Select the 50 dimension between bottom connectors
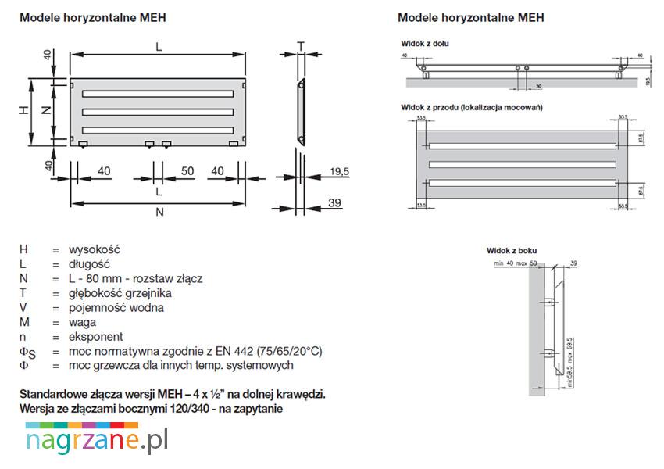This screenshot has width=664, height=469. [187, 171]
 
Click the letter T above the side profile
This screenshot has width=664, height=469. [301, 45]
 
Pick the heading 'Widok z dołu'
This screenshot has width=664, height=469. [423, 44]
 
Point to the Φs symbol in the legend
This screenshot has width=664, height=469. [27, 352]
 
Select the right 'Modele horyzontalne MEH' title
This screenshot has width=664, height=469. [471, 17]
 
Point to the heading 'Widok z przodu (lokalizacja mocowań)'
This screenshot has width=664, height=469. [471, 107]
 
